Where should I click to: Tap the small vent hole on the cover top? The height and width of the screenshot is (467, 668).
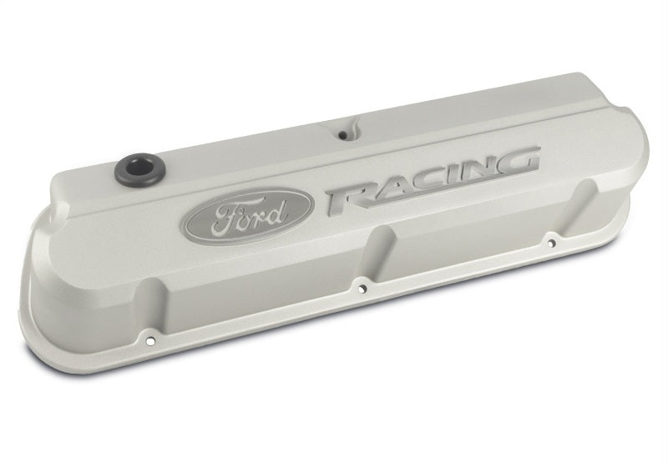pos(343,133)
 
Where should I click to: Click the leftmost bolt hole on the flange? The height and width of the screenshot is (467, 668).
pos(151,339)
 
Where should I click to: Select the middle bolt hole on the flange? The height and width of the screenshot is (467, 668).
pos(362,289)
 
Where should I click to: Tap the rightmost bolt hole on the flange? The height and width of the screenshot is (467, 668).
pos(551,244)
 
